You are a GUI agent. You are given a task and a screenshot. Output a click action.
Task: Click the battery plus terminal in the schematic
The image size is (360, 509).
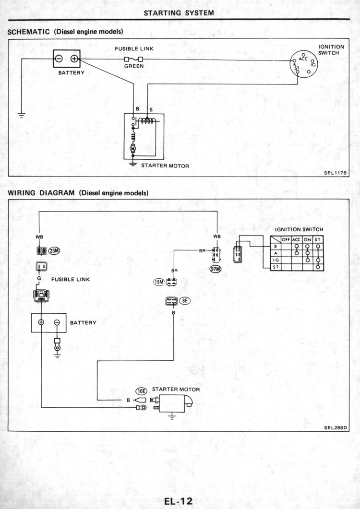[74, 59]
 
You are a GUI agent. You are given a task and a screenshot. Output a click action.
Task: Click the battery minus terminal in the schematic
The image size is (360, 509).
[59, 59]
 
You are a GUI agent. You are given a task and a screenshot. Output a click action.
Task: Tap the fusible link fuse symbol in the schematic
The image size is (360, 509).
[133, 59]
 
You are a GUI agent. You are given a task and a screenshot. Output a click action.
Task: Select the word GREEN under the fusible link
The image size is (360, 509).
[134, 66]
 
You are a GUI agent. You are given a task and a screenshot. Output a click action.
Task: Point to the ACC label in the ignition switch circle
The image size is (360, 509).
[303, 59]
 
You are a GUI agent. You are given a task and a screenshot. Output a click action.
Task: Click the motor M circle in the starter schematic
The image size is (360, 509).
[133, 148]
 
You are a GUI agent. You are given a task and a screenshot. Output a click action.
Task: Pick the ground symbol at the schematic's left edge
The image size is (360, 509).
[22, 115]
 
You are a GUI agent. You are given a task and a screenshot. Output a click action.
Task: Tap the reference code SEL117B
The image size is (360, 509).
[336, 173]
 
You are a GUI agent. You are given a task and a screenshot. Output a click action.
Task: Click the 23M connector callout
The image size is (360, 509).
[54, 250]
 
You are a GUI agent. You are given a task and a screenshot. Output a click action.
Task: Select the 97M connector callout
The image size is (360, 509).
[216, 269]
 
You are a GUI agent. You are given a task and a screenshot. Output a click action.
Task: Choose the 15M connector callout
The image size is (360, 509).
[159, 282]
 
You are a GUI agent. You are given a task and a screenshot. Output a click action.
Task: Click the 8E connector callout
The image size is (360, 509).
[184, 301]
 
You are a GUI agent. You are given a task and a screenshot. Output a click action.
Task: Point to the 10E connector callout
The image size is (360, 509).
[141, 391]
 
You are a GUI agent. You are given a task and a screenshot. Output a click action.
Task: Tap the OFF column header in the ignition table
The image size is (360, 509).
[286, 239]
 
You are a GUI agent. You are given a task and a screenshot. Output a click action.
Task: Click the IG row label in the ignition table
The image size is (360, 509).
[276, 260]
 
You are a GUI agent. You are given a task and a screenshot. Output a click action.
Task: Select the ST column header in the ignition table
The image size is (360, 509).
[317, 239]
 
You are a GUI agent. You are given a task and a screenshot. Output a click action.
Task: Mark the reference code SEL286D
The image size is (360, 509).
[336, 427]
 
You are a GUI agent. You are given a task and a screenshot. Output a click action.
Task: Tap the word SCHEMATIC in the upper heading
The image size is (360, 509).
[29, 32]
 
